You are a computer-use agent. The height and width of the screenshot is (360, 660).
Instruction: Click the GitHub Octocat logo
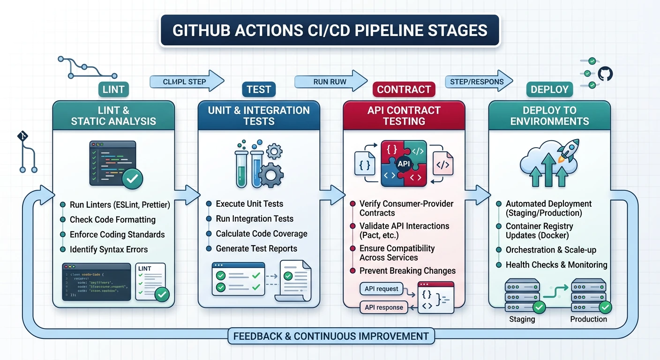605,74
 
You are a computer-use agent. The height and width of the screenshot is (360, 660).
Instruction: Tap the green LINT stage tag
113,89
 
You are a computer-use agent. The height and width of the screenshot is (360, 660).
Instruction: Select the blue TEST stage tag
259,89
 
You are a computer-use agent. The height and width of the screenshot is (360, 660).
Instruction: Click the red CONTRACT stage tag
404,89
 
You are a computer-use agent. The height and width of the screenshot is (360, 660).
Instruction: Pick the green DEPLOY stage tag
549,89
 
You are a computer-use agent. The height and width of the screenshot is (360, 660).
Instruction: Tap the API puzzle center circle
404,164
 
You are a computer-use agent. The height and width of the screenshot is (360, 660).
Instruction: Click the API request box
381,289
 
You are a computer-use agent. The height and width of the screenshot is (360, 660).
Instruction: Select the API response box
383,307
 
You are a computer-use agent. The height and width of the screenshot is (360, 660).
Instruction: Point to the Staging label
522,319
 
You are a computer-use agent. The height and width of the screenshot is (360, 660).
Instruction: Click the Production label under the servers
588,319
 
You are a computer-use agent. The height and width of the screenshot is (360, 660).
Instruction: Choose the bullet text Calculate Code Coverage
261,233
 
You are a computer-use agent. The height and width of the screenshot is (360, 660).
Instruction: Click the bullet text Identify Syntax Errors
108,249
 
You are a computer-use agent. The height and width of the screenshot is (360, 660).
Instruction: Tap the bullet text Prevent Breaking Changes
407,270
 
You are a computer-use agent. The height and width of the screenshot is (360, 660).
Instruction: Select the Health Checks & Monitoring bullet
556,265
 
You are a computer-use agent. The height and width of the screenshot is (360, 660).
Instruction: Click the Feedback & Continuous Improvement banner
331,336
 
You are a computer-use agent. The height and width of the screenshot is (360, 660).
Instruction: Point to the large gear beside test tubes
270,175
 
